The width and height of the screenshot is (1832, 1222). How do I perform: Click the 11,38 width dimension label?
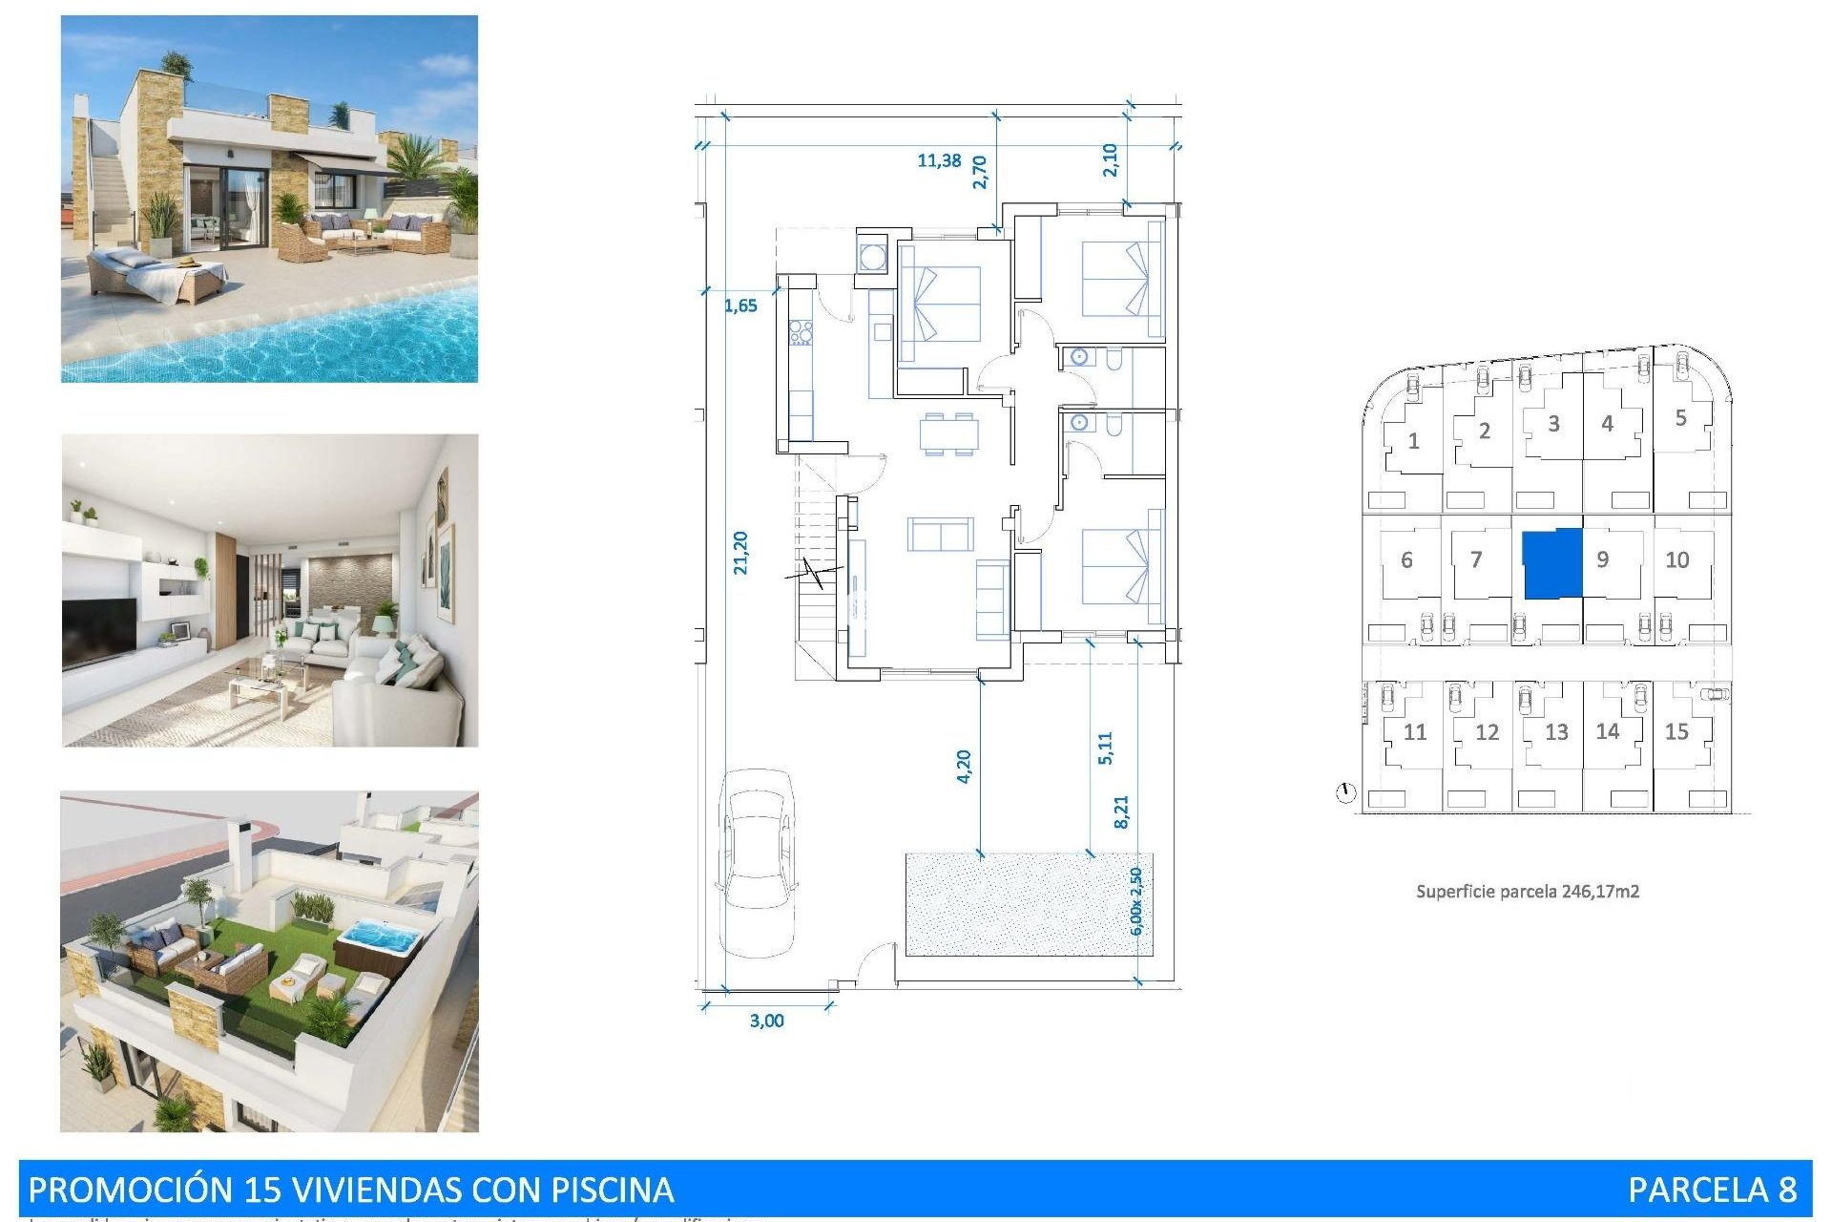coord(939,160)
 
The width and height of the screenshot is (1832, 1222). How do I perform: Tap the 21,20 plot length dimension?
coord(740,553)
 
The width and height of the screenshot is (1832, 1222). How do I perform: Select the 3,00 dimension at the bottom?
coord(766,1021)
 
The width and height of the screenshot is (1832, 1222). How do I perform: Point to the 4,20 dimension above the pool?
coord(964,767)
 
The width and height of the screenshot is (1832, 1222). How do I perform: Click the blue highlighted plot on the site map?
coord(1551,564)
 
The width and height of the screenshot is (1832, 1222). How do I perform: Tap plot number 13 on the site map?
coord(1556,732)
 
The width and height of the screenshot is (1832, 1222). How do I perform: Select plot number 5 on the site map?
coord(1680,418)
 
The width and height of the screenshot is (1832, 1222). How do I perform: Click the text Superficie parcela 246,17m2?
coord(1527,892)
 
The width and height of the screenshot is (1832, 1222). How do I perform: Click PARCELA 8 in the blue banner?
coord(1712,1190)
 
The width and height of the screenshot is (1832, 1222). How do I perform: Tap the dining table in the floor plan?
coord(948,434)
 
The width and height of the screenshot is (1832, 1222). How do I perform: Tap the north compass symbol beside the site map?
coord(1345,792)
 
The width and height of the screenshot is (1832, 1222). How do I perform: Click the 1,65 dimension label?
coord(740,305)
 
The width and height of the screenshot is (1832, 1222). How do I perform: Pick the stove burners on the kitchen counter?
coord(800,332)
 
